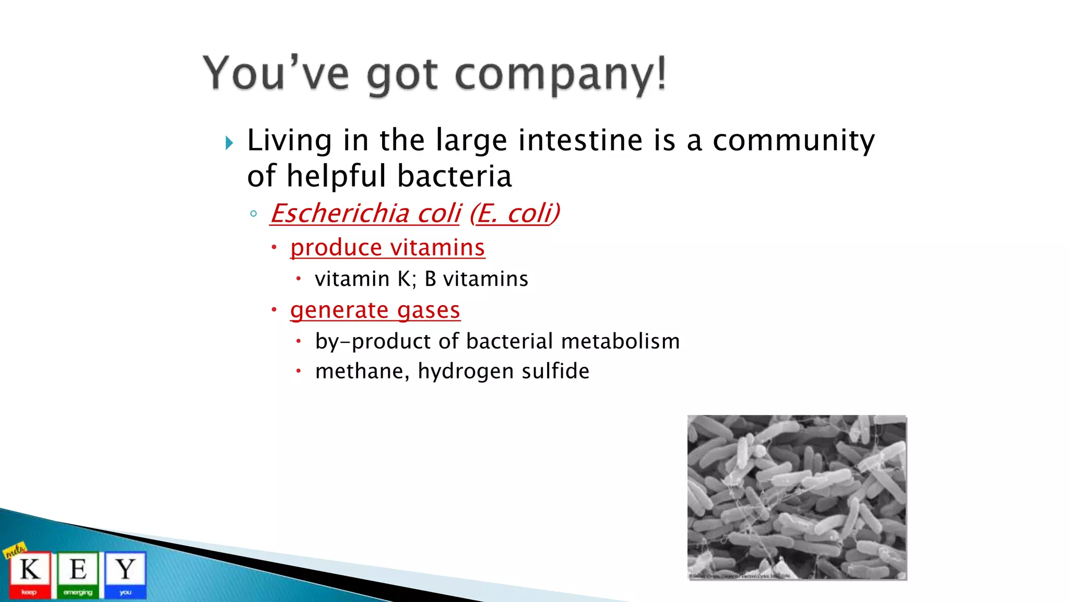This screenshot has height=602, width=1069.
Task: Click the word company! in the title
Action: click(x=561, y=75)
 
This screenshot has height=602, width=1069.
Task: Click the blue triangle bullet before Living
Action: click(x=229, y=143)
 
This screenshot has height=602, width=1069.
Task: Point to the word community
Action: click(x=793, y=141)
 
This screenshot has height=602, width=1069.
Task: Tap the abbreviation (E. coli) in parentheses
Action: click(x=515, y=213)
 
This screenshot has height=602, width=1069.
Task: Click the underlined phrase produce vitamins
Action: click(x=387, y=247)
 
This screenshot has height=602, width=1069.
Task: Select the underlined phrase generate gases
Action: click(x=375, y=310)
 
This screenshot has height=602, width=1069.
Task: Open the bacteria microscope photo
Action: click(x=797, y=497)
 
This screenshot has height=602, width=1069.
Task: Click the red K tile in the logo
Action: click(x=30, y=573)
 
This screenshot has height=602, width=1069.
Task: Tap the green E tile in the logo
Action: click(x=78, y=573)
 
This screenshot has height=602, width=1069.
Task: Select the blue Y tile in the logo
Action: click(x=125, y=573)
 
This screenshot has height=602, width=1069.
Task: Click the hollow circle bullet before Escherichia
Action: click(x=254, y=213)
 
